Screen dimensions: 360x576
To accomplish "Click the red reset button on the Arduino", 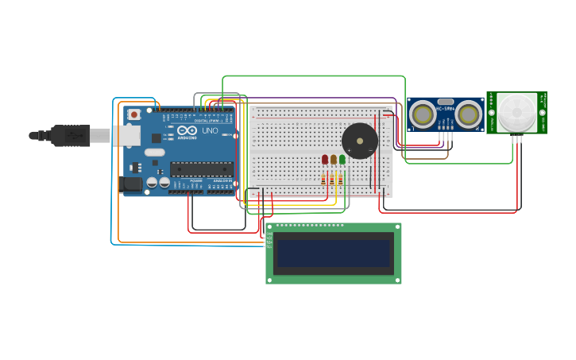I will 133,114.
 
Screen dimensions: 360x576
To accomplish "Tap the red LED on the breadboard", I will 325,160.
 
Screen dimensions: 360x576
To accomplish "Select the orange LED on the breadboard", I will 334,160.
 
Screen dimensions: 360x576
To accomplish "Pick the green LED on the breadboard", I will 342,160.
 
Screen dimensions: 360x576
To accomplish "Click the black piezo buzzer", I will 359,141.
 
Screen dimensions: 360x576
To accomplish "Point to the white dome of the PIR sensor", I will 516,113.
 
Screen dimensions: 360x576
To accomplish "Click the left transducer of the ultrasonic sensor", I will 422,115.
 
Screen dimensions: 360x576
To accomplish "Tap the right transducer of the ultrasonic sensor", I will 468,115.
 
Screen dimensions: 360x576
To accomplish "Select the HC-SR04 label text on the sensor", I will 445,108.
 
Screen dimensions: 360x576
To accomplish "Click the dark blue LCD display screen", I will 333,254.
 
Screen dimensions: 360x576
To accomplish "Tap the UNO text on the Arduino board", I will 210,130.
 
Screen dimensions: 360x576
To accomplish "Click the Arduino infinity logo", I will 187,130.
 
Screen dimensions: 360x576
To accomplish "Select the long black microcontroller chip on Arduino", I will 202,168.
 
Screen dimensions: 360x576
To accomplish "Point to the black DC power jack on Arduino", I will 131,184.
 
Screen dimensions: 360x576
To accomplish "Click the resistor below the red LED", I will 325,180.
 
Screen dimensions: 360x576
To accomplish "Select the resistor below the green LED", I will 342,180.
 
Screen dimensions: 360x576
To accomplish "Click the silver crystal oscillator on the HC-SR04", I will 445,102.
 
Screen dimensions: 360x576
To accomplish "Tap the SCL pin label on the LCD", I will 269,246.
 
